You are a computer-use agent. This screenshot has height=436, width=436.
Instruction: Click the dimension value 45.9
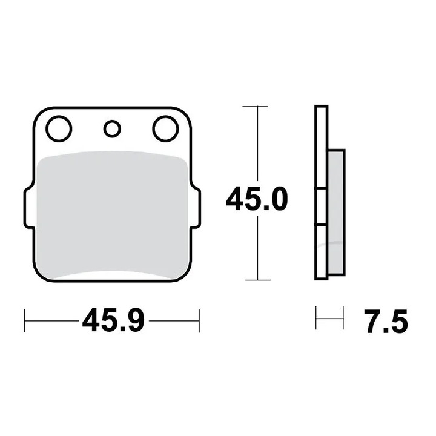[x=113, y=320]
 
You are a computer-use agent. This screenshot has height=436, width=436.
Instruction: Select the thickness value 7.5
[x=386, y=322]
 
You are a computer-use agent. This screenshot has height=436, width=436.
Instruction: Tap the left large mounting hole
[x=59, y=128]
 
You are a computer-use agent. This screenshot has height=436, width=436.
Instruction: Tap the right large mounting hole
[x=165, y=128]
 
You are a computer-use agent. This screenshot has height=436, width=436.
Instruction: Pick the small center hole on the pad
[x=112, y=128]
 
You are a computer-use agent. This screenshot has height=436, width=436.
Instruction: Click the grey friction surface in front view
[x=112, y=215]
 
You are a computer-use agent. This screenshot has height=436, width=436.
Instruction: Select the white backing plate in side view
[x=321, y=151]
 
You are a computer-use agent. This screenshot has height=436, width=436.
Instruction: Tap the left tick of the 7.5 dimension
[x=317, y=319]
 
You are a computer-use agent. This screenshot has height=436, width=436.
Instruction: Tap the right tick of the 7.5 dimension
[x=343, y=319]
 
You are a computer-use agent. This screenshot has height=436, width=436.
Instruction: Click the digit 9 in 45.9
[x=135, y=320]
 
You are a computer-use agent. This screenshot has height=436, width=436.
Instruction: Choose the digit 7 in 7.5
[x=372, y=322]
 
